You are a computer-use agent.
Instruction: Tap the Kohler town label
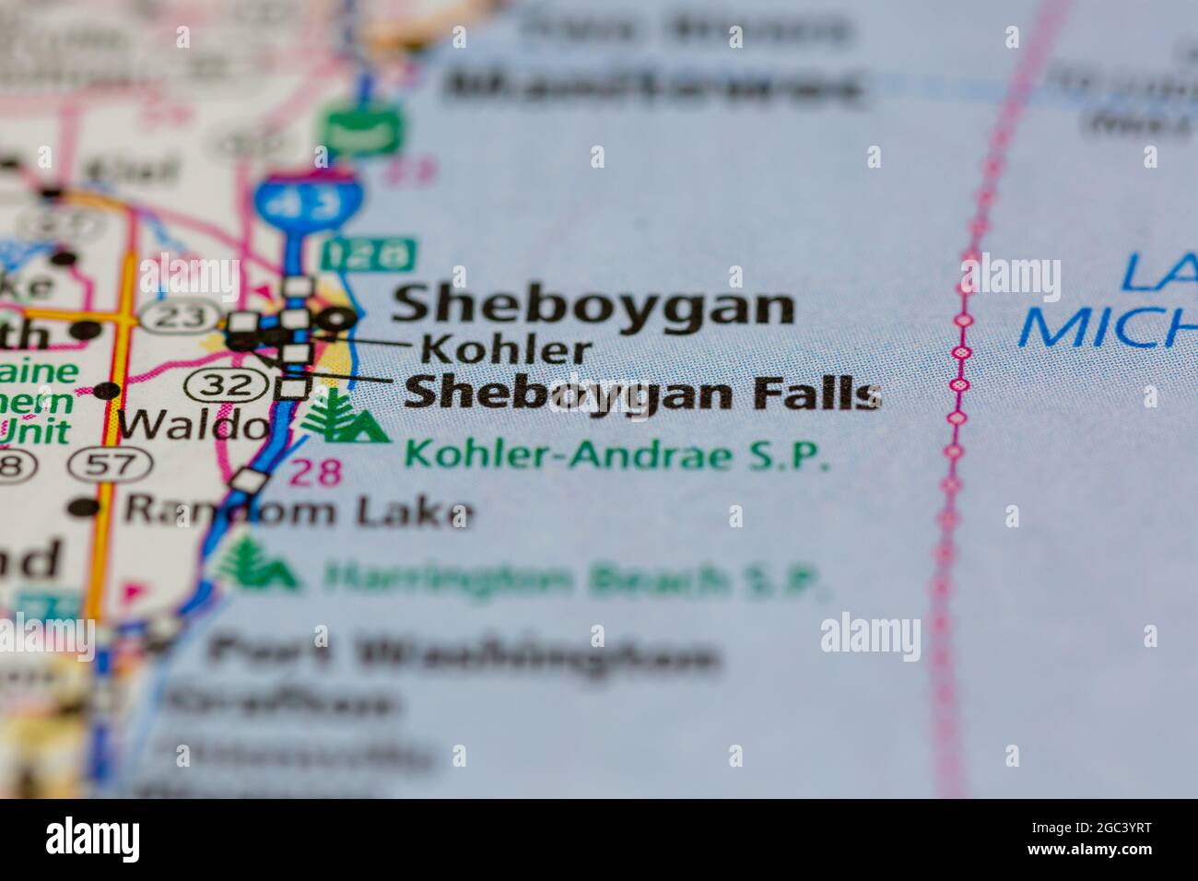coord(506,349)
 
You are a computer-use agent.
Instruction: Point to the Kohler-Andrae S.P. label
coord(617,455)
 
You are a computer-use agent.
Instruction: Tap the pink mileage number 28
coord(316,472)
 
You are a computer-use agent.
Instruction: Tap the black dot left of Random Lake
coord(85,507)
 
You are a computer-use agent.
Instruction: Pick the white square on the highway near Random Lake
coord(247,480)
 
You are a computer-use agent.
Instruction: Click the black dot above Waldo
coord(108,390)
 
